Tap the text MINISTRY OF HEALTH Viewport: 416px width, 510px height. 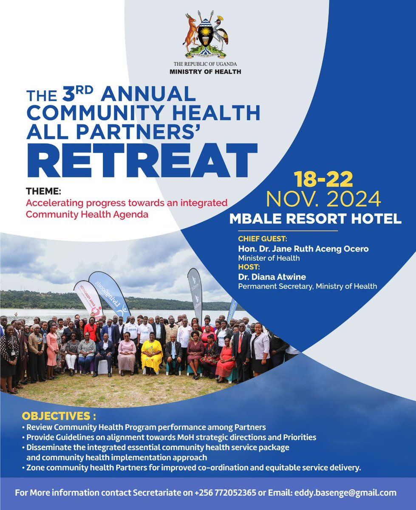(x=205, y=72)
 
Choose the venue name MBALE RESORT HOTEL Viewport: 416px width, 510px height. (x=315, y=219)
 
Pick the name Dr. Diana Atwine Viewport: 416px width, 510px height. (x=272, y=277)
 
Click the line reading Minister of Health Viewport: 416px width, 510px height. (x=269, y=258)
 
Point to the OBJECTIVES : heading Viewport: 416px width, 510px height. (x=59, y=415)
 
